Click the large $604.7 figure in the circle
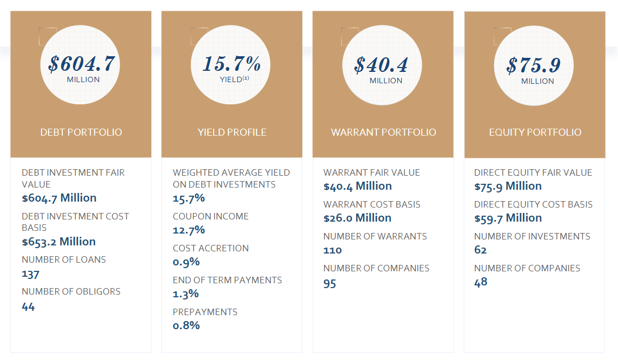click(81, 64)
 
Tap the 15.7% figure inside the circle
click(232, 64)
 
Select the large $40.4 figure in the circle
click(382, 65)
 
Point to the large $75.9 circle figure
click(534, 65)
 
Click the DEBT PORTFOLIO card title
click(81, 132)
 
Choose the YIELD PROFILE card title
click(232, 132)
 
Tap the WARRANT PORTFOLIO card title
click(383, 132)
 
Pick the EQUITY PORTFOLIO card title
click(535, 132)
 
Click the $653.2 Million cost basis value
click(58, 242)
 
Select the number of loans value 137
click(30, 274)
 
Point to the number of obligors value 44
click(28, 306)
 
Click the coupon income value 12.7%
click(189, 230)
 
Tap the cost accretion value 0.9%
click(186, 262)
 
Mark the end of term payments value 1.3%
click(185, 294)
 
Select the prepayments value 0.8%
click(186, 325)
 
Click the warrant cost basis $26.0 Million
click(357, 218)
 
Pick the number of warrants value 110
click(333, 250)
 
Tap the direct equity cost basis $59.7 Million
click(508, 218)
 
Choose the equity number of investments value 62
click(481, 250)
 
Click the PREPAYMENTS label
click(205, 312)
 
